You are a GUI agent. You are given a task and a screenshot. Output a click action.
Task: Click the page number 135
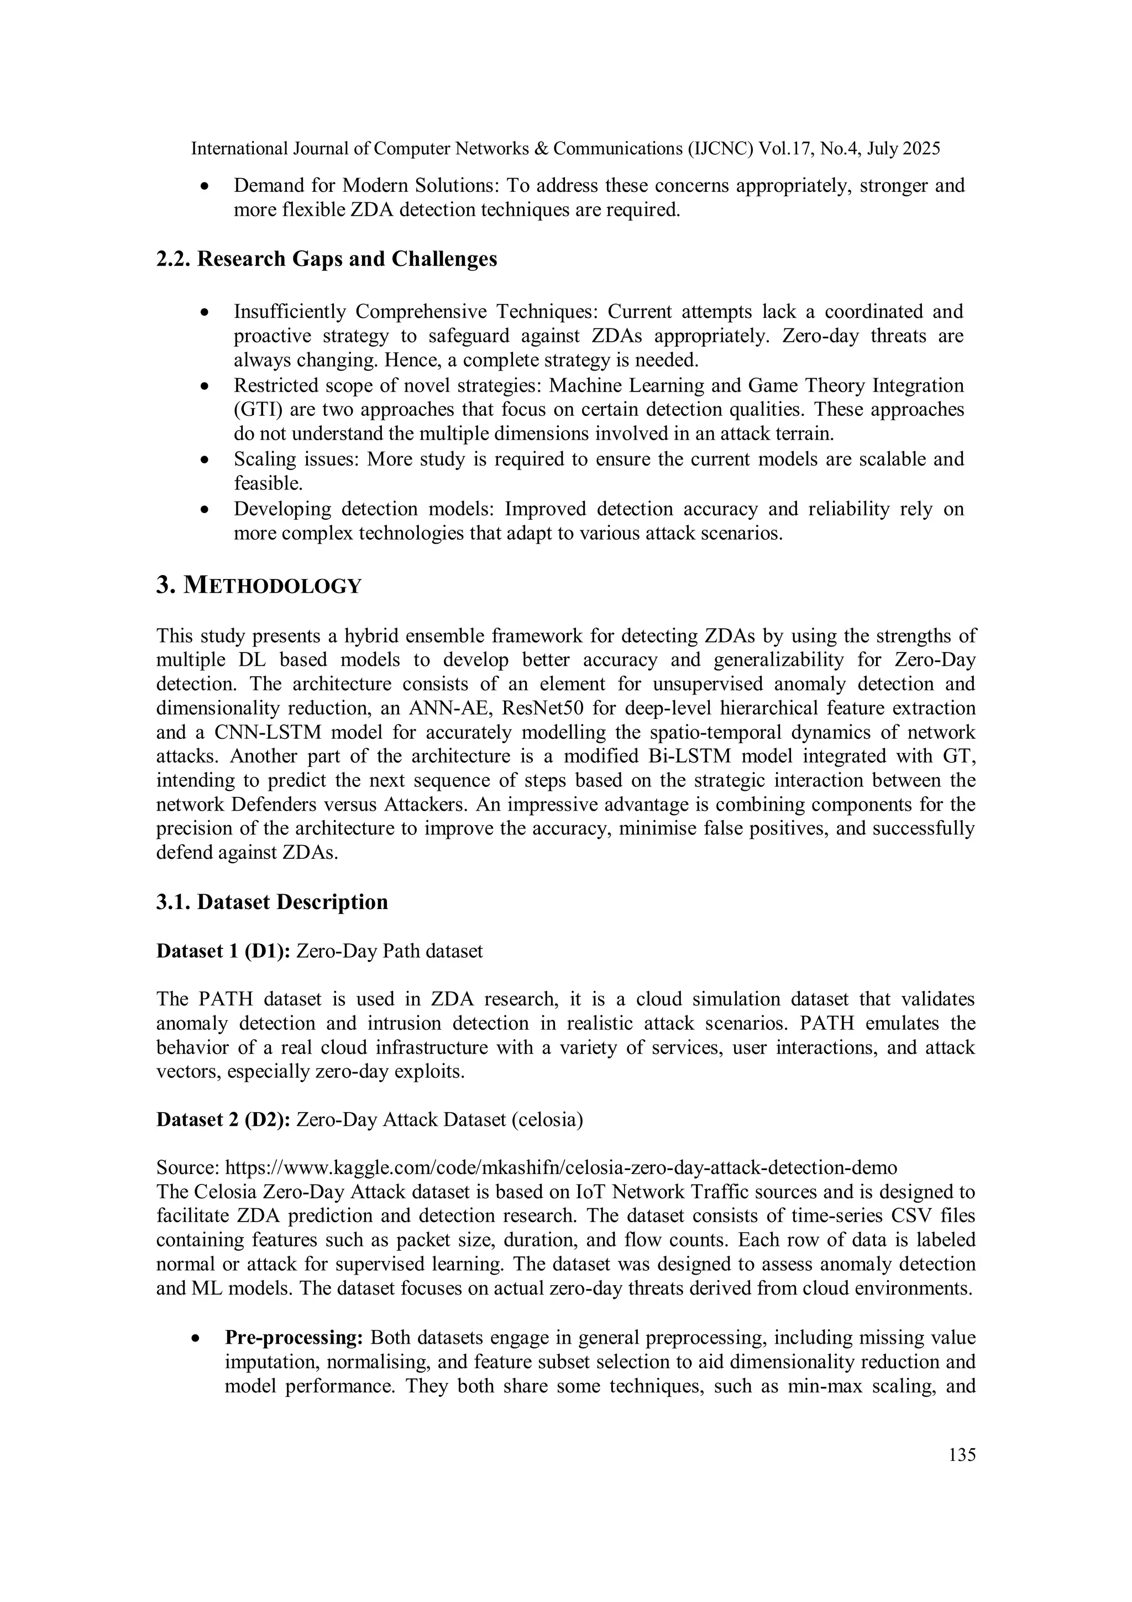pyautogui.click(x=962, y=1455)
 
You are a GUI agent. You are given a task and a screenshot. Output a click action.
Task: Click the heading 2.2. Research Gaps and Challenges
pyautogui.click(x=327, y=259)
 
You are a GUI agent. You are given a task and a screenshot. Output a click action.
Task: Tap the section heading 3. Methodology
pyautogui.click(x=259, y=586)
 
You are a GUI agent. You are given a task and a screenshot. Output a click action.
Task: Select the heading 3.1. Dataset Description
pyautogui.click(x=272, y=902)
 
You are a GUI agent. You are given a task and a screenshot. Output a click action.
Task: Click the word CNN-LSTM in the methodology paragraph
pyautogui.click(x=261, y=733)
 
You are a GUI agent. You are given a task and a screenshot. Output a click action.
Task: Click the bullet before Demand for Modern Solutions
pyautogui.click(x=205, y=187)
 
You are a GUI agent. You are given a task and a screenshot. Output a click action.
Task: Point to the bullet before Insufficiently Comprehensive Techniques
pyautogui.click(x=205, y=312)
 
